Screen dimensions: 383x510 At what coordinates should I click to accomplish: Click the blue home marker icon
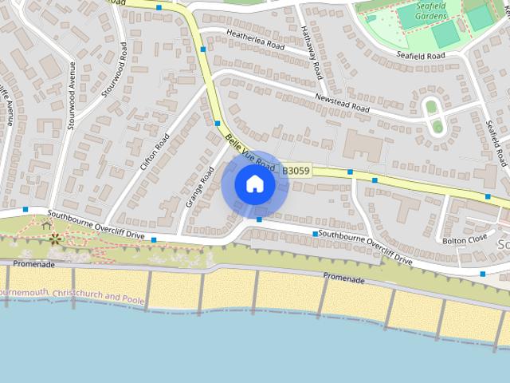[254, 184]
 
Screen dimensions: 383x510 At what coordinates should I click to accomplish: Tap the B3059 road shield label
[296, 170]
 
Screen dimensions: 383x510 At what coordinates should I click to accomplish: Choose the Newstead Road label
[343, 102]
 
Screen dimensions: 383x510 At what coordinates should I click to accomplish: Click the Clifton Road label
[155, 152]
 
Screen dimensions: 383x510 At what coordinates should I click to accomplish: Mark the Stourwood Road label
[114, 70]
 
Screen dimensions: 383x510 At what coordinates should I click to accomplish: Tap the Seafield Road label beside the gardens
[431, 55]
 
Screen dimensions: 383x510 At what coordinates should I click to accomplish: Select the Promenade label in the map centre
[344, 279]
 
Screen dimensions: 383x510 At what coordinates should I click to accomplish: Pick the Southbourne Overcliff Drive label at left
[96, 226]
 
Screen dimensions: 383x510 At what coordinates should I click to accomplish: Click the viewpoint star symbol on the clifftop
[54, 238]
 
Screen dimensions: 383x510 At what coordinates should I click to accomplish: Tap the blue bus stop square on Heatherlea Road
[204, 49]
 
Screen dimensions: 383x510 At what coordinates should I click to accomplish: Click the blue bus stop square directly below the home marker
[259, 219]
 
